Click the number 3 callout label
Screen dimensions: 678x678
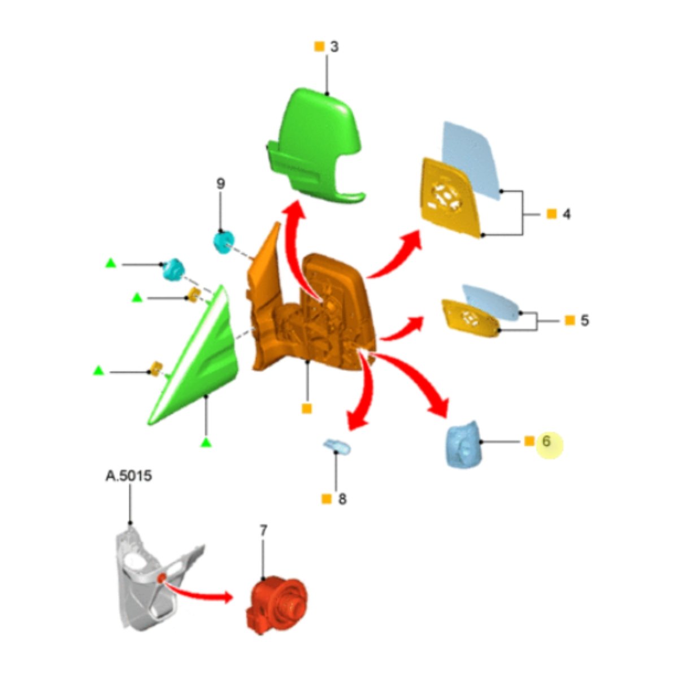pos(334,47)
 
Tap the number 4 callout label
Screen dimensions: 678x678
pos(567,214)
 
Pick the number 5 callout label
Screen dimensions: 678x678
pos(584,320)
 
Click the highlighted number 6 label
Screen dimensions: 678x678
pos(546,441)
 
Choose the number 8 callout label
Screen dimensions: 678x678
pos(342,499)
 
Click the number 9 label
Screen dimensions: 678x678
pos(220,184)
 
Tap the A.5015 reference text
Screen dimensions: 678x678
pos(129,476)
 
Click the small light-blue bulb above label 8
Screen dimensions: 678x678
pos(337,447)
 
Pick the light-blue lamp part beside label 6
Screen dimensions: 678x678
pos(463,444)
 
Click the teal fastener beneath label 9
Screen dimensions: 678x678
pos(224,242)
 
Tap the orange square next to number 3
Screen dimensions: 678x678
pos(319,46)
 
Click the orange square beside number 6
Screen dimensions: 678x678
pos(529,441)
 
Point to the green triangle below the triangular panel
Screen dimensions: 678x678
pos(206,443)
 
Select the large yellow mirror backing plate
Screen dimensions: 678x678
pos(451,197)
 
